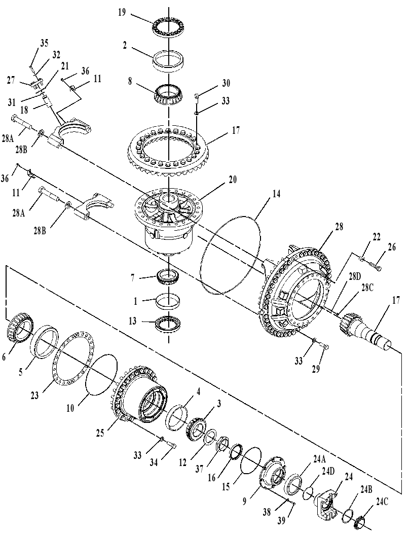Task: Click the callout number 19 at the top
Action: click(122, 13)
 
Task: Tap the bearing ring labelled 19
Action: click(168, 27)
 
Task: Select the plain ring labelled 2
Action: click(168, 61)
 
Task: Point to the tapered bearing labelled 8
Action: click(169, 94)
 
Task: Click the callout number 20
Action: click(233, 180)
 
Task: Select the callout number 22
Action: click(377, 237)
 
